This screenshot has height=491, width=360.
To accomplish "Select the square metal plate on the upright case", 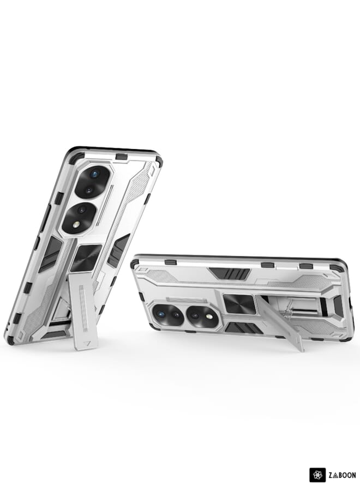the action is (86, 257).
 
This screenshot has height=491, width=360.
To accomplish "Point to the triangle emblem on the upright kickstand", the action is (85, 343).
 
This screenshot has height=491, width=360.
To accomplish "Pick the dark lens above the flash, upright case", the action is (82, 211).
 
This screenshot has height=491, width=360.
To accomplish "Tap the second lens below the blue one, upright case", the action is (89, 189).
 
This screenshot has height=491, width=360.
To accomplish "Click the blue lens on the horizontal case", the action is (161, 314).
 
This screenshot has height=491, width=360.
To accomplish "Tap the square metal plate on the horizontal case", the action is (239, 304).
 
